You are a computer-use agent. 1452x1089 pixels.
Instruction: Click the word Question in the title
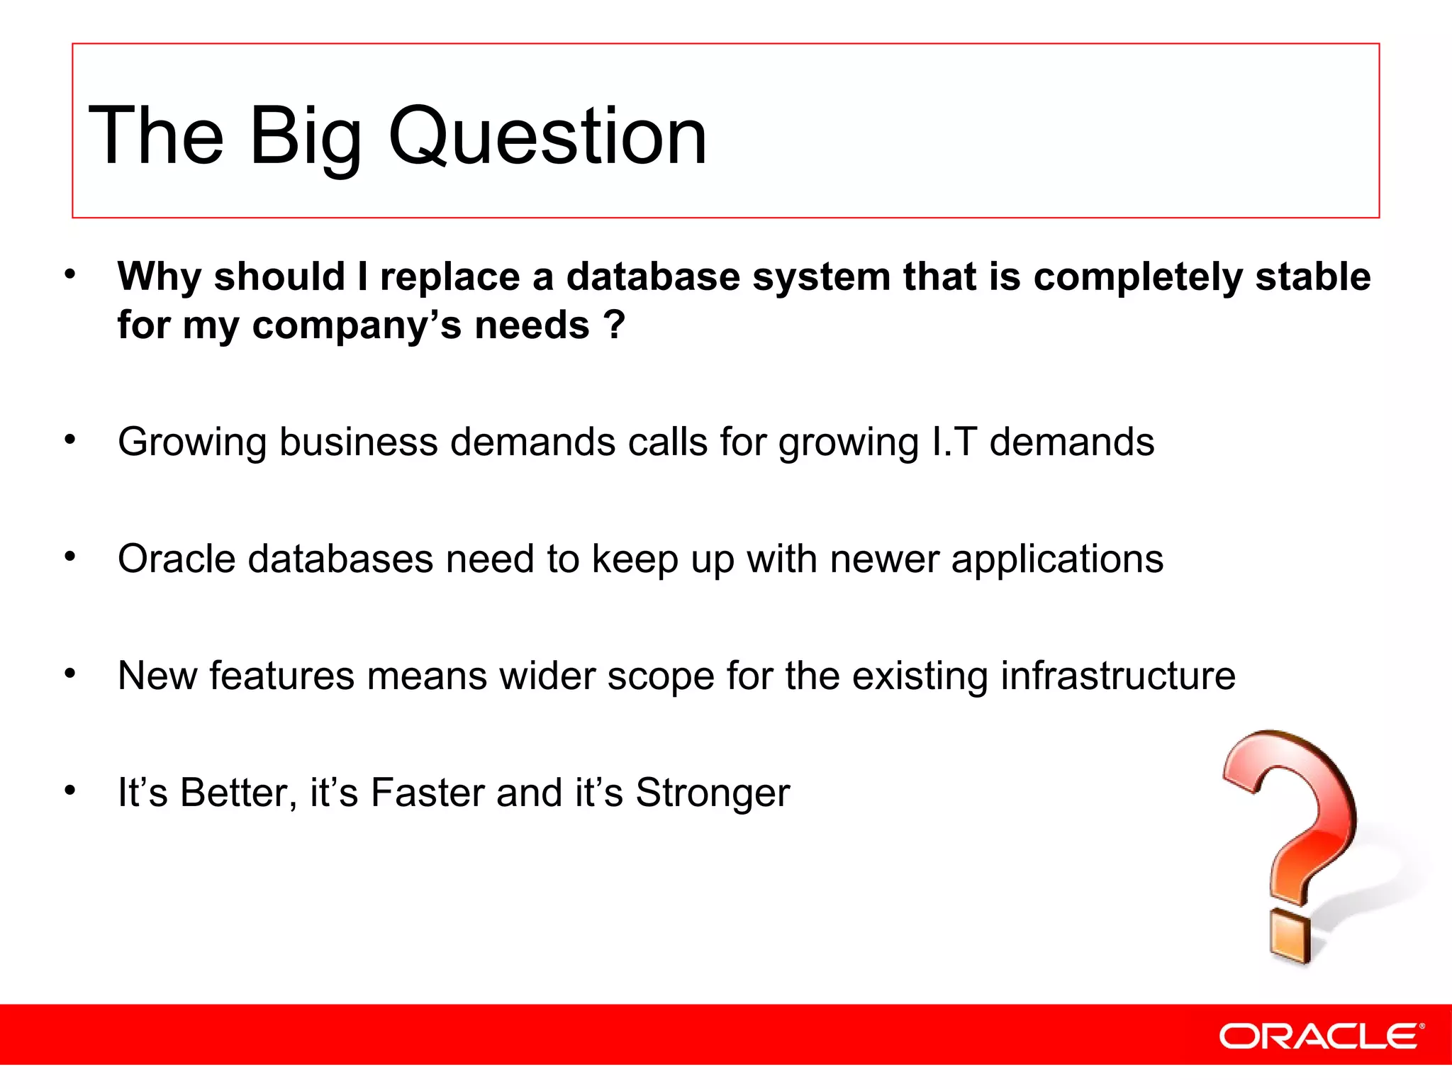pyautogui.click(x=547, y=136)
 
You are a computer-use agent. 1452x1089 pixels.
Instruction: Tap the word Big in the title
pyautogui.click(x=305, y=136)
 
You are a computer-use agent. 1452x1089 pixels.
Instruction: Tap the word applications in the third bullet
pyautogui.click(x=1057, y=560)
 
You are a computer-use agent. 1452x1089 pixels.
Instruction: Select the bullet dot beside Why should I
pyautogui.click(x=69, y=274)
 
